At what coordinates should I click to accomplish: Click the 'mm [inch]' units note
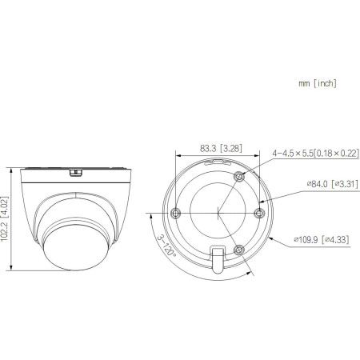pos(317,83)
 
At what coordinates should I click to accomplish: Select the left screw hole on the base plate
pos(178,212)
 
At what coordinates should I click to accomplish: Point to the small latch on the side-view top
pos(76,171)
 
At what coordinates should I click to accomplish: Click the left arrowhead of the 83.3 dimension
pos(178,155)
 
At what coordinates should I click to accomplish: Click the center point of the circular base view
pos(218,213)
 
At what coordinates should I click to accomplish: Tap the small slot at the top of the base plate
pos(216,162)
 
